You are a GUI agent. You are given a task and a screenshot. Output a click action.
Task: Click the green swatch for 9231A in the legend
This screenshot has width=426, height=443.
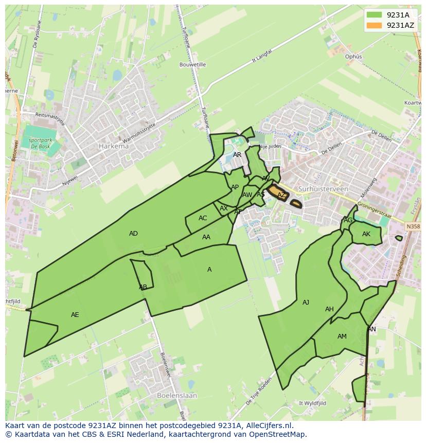pos(375,15)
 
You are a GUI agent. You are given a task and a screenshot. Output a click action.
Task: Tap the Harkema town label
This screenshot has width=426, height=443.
pos(113,147)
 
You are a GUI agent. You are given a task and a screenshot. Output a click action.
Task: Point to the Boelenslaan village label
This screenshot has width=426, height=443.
pos(175,396)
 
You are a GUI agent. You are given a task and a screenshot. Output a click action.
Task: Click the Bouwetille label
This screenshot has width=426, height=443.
pos(192,65)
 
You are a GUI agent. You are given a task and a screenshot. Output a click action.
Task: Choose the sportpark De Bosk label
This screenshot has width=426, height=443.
pos(40,143)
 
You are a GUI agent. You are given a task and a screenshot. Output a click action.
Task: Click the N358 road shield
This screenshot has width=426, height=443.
pos(412,226)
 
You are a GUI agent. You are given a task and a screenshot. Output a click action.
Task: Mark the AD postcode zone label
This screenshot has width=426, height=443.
pos(133,234)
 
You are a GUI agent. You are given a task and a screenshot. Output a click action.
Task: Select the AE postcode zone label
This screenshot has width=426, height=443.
pos(75,314)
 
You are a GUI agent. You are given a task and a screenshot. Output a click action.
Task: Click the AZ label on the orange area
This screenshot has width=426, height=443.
pos(281,195)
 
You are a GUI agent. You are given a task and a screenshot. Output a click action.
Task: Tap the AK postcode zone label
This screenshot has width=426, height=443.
pos(366,234)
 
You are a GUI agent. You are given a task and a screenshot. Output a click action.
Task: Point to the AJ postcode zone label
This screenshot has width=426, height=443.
pos(306,303)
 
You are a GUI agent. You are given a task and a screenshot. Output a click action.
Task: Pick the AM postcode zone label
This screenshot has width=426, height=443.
pos(342,336)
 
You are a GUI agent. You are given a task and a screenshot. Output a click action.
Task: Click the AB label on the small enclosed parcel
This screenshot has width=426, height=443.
pos(143,287)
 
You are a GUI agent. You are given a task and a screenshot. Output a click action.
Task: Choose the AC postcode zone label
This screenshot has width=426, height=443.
pos(203,218)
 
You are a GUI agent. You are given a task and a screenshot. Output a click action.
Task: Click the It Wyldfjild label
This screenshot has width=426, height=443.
pos(314,403)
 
